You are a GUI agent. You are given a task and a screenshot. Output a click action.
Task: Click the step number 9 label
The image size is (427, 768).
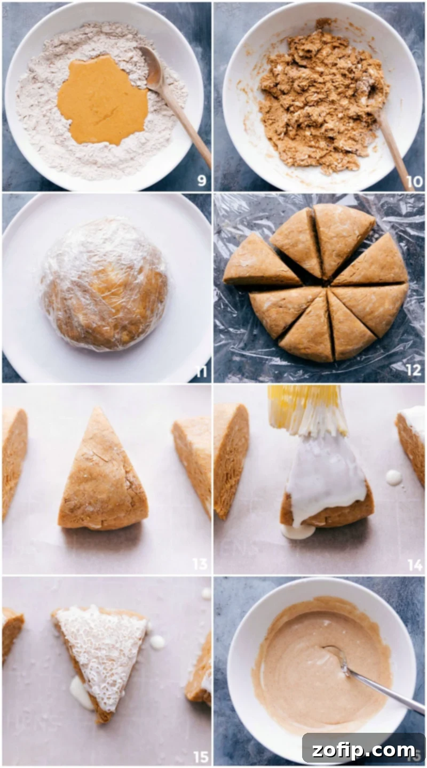[201, 181]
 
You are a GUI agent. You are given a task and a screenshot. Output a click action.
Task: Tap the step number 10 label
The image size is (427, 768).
[414, 181]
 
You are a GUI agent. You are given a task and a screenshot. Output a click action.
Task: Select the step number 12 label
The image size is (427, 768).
[414, 370]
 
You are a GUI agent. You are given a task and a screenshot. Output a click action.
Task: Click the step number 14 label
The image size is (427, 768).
[414, 564]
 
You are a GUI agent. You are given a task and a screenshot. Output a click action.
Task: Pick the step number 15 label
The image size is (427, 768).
[201, 756]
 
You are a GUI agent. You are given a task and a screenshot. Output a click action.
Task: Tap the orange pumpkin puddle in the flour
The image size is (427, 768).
[102, 100]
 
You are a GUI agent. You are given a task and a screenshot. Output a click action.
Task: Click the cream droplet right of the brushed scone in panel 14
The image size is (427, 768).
[394, 477]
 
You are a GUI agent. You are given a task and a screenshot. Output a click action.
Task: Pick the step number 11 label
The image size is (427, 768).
[201, 371]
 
